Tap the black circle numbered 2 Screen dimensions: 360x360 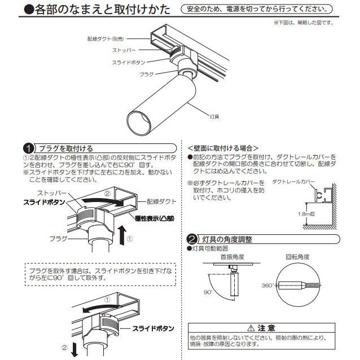(192, 239)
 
